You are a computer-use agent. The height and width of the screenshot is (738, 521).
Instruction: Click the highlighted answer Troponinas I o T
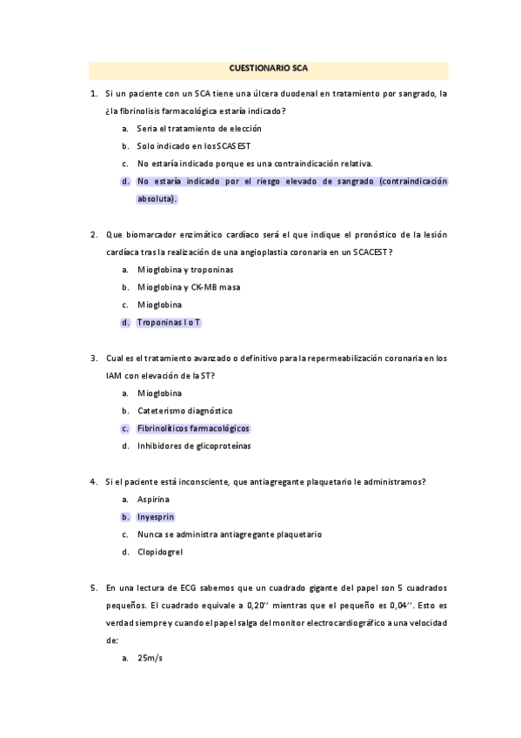pyautogui.click(x=169, y=322)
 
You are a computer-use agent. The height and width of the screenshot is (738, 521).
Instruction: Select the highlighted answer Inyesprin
pyautogui.click(x=156, y=516)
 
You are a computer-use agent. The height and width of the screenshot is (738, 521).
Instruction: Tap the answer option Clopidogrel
pyautogui.click(x=160, y=552)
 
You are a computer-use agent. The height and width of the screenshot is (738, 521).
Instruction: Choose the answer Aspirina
pyautogui.click(x=153, y=499)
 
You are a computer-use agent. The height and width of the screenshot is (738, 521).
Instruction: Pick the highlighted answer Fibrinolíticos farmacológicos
pyautogui.click(x=193, y=428)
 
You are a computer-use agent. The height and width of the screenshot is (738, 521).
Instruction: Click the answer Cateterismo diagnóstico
pyautogui.click(x=185, y=410)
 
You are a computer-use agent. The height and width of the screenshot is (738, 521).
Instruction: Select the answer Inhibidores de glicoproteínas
pyautogui.click(x=194, y=446)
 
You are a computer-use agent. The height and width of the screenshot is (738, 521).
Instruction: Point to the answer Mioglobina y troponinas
pyautogui.click(x=185, y=270)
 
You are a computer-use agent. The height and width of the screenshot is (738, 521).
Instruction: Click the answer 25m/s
pyautogui.click(x=150, y=658)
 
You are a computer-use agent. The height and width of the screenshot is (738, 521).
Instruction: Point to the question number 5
pyautogui.click(x=93, y=587)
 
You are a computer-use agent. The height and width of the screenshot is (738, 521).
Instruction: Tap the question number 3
pyautogui.click(x=93, y=358)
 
